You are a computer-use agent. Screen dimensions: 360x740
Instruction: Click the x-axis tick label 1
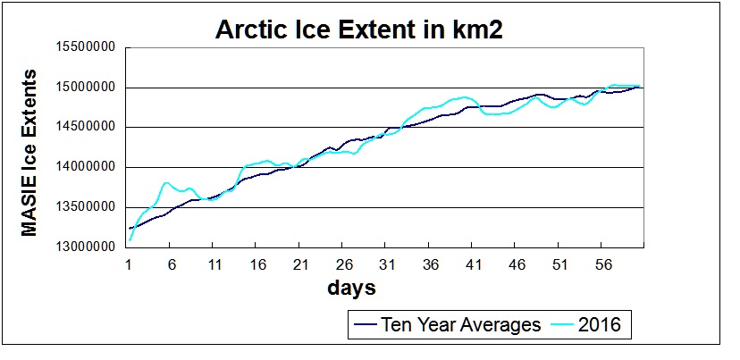[130, 264]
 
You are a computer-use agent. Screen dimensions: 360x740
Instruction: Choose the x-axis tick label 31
[385, 264]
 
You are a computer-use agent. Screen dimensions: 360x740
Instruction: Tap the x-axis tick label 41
[472, 264]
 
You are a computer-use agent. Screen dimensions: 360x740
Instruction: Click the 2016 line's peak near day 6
[166, 182]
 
